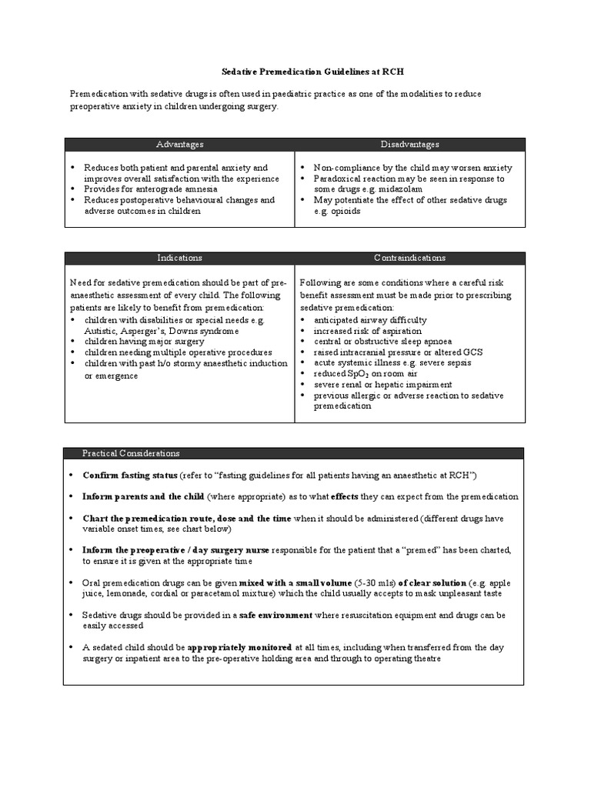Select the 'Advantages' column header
[x=179, y=145]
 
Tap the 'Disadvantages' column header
[x=409, y=145]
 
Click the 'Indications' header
[x=179, y=258]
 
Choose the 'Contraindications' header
[x=409, y=258]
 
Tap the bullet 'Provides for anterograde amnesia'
[x=151, y=189]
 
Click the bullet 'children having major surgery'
[x=145, y=341]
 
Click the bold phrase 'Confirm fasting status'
[x=130, y=475]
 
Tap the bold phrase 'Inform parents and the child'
[x=143, y=496]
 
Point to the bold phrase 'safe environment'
[x=275, y=616]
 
